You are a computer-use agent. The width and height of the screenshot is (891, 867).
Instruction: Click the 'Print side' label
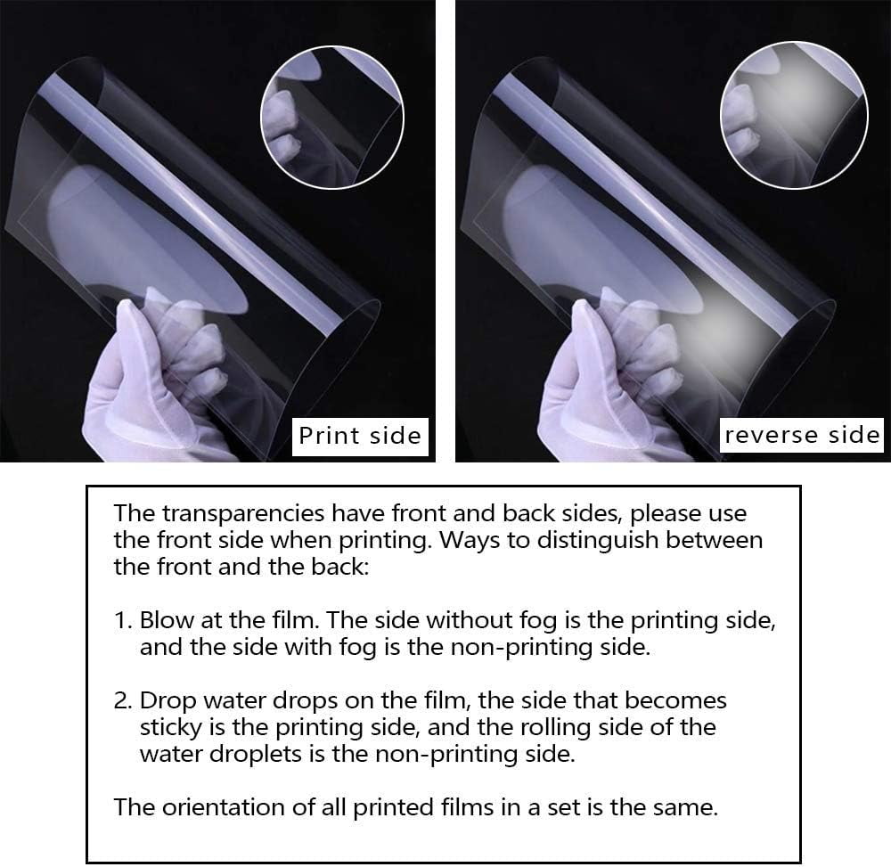[x=360, y=436]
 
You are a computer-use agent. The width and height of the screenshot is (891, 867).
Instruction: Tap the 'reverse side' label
[x=802, y=435]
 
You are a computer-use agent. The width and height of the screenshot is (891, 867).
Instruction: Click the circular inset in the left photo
[x=332, y=117]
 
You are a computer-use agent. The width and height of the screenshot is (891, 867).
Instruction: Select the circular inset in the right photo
[x=795, y=115]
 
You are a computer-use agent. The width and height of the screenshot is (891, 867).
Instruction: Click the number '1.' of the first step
[x=123, y=620]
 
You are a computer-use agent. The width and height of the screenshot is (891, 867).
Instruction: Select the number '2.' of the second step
[x=123, y=700]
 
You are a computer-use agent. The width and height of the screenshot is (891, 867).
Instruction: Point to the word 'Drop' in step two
[x=168, y=701]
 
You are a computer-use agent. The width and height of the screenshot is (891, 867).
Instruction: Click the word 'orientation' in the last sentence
[x=223, y=807]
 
